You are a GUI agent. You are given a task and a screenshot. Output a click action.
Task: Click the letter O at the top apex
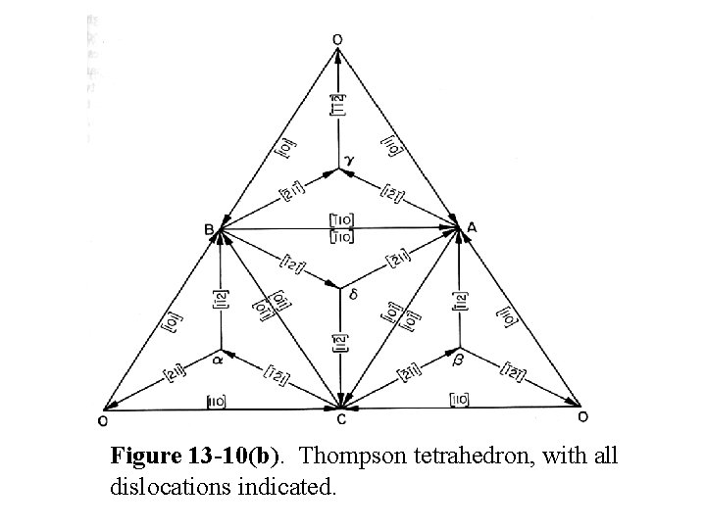click(337, 38)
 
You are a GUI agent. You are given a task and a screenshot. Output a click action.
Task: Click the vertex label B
click(209, 229)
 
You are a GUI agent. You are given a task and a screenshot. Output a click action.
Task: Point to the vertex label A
click(473, 226)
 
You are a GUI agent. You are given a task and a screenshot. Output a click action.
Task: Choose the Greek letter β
click(460, 361)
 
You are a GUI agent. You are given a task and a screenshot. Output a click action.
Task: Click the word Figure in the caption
click(142, 457)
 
